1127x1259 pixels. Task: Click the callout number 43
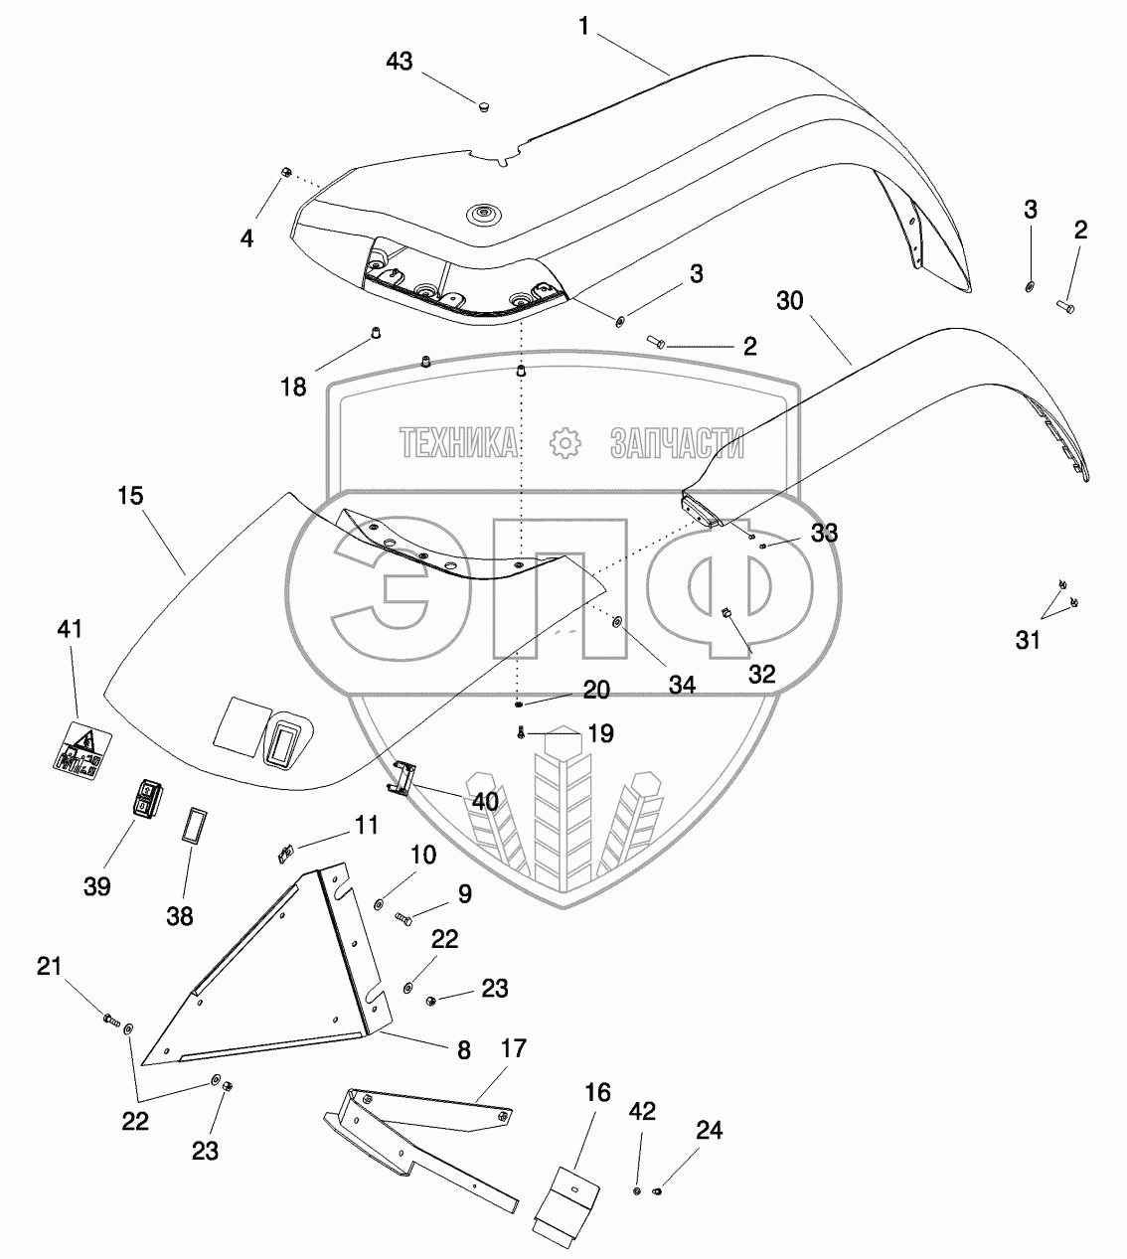pos(400,62)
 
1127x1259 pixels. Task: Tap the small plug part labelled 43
pos(484,108)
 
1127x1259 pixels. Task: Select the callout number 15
pos(130,496)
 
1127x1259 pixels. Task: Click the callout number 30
pos(789,301)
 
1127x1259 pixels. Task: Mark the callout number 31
pos(1028,640)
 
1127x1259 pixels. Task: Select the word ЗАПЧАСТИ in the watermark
pos(677,443)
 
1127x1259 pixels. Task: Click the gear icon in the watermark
pos(565,443)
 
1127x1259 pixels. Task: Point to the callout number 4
pos(246,238)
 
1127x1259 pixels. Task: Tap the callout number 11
pos(366,825)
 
